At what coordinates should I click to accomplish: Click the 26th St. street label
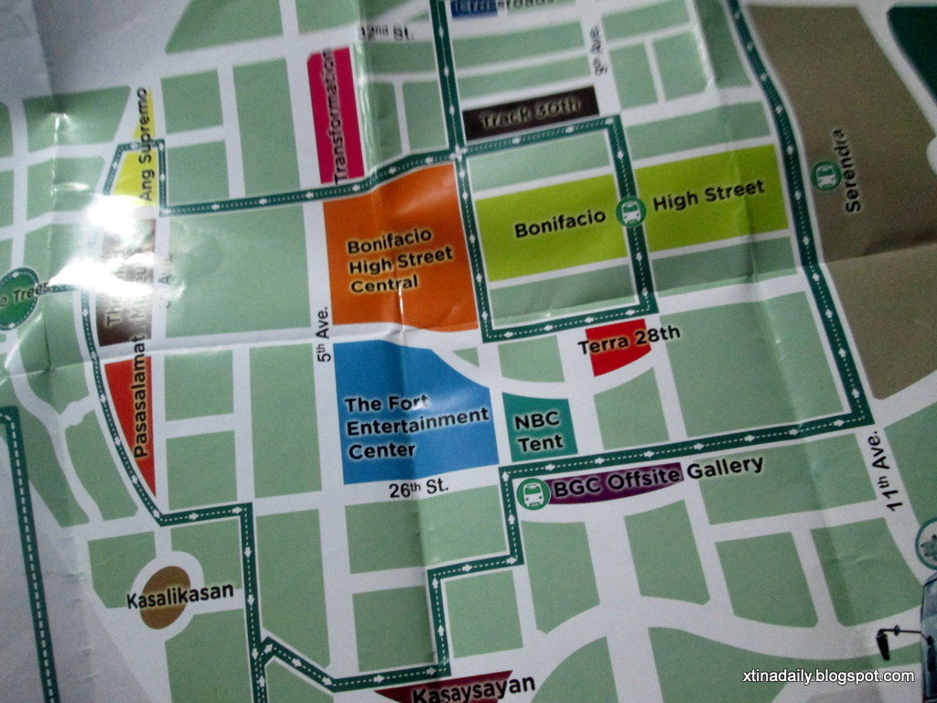[x=418, y=487]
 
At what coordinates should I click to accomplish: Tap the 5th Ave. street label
[x=322, y=340]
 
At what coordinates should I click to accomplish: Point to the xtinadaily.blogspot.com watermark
[x=828, y=676]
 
